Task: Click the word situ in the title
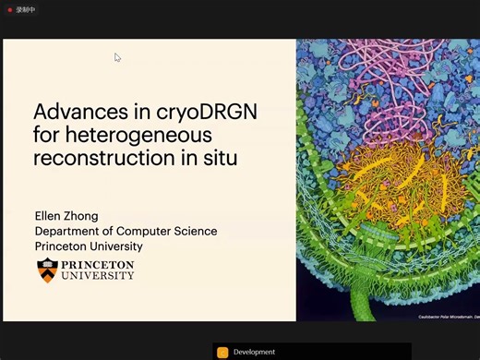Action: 219,158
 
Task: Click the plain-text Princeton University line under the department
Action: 89,246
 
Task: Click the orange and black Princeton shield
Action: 47,270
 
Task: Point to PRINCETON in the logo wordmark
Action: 97,265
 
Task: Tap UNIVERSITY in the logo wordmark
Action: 97,276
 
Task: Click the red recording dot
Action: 10,9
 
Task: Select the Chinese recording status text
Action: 26,9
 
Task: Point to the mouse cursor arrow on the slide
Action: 117,57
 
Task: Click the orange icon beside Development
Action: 222,352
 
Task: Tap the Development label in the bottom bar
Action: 254,352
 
